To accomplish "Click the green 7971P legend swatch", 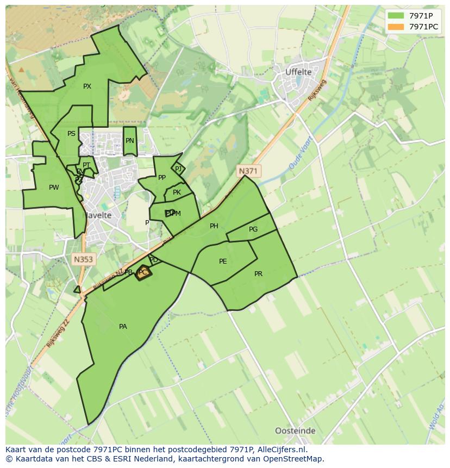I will click(x=396, y=16).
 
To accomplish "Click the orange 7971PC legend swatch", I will click(x=396, y=27).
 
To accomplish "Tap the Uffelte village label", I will click(x=298, y=72).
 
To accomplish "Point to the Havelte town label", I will click(x=97, y=215).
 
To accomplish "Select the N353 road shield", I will click(x=83, y=260).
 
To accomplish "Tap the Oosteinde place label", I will click(x=295, y=431).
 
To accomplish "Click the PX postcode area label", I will click(x=87, y=86).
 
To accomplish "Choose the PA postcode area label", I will click(x=123, y=327).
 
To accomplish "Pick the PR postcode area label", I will click(x=258, y=274).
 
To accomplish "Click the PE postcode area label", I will click(x=223, y=261).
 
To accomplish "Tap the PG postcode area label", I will click(x=253, y=229).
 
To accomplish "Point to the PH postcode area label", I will click(x=214, y=226).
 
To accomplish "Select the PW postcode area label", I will click(x=54, y=188).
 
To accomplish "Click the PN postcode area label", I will click(x=129, y=141).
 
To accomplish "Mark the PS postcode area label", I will click(x=71, y=134).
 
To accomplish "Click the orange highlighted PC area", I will click(x=143, y=273).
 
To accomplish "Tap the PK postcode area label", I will click(x=177, y=192).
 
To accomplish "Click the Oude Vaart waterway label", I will click(x=298, y=157).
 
